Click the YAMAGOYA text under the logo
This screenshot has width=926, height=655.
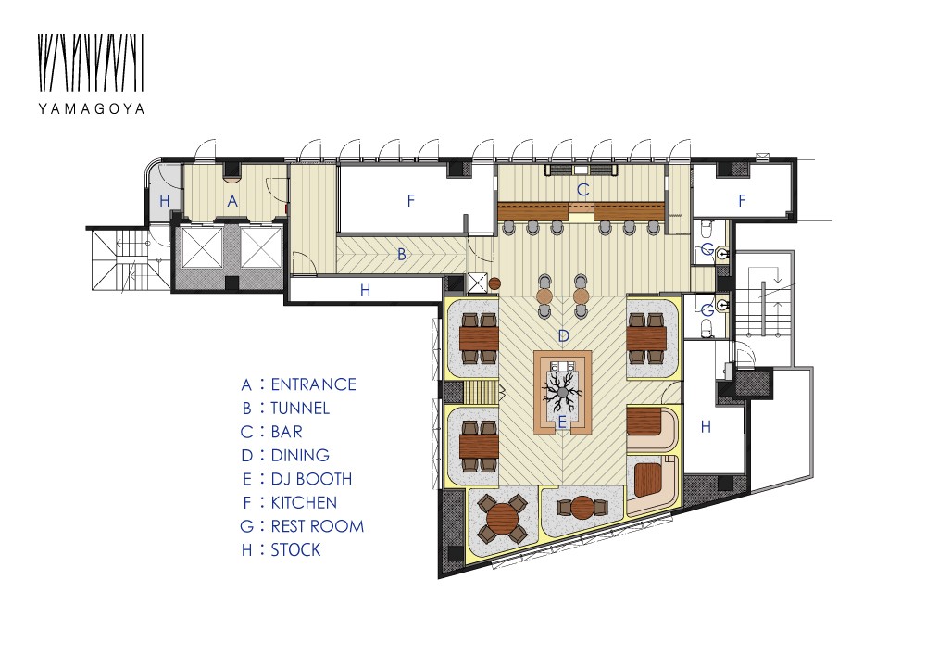(92, 108)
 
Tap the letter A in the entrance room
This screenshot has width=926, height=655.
(232, 201)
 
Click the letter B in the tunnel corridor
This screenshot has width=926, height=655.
(402, 255)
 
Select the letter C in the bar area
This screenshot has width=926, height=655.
(582, 190)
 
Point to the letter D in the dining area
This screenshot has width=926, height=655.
(563, 336)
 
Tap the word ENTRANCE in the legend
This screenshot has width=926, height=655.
(314, 384)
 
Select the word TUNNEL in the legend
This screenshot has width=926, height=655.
(300, 409)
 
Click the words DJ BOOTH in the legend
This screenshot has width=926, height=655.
(311, 479)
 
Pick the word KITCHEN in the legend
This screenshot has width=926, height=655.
(304, 503)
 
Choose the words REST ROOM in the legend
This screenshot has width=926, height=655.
(317, 526)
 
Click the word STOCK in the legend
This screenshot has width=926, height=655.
(296, 550)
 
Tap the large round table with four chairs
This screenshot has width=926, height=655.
(503, 519)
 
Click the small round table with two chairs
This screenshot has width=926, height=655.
(582, 508)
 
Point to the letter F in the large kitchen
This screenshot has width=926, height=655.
(411, 201)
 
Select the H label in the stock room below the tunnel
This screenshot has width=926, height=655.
(366, 290)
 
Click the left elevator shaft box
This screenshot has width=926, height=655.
(202, 246)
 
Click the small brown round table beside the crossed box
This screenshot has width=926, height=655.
(494, 284)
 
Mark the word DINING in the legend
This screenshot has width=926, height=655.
(300, 456)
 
